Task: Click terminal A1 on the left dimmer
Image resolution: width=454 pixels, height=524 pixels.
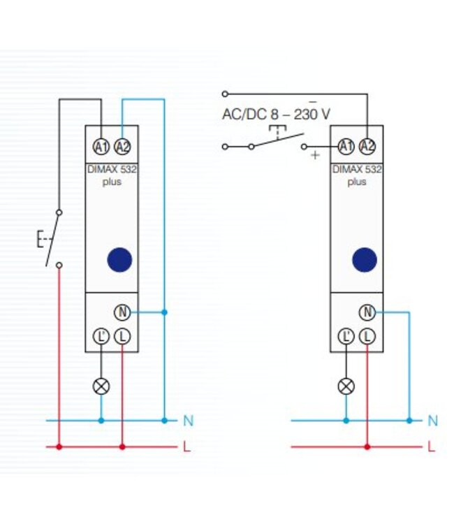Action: tap(101, 147)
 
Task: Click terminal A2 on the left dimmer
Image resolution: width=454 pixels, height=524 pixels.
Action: tap(122, 147)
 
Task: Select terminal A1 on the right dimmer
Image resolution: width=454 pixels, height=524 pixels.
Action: tap(346, 147)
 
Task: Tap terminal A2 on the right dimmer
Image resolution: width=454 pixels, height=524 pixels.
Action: tap(367, 147)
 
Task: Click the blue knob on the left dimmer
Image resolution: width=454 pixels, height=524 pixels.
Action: tap(119, 260)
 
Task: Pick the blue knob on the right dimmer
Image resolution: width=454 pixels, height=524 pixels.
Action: tap(365, 260)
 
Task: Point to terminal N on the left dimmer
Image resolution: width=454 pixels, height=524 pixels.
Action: tap(122, 312)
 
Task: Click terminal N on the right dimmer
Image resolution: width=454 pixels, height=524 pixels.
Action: tap(367, 312)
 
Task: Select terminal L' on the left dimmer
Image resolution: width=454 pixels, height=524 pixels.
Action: tap(101, 336)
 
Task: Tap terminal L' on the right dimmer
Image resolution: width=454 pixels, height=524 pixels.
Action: tap(346, 336)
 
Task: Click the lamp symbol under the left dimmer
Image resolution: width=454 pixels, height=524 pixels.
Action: tap(101, 386)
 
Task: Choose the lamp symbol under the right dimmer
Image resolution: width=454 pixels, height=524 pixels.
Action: tap(346, 386)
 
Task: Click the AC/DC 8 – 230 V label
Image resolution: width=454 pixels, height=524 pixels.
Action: tap(276, 115)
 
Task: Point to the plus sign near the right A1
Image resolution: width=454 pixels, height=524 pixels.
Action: tap(315, 155)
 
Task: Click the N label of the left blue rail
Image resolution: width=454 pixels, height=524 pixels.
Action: tap(189, 421)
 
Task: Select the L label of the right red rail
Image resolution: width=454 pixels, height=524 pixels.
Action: tap(431, 446)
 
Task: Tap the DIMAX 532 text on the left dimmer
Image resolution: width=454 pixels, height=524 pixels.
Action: tap(112, 170)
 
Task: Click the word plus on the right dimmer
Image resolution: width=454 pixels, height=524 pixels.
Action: tap(357, 182)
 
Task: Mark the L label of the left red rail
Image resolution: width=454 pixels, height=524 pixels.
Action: tap(186, 446)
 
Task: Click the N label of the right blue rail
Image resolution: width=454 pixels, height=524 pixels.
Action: tap(433, 421)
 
